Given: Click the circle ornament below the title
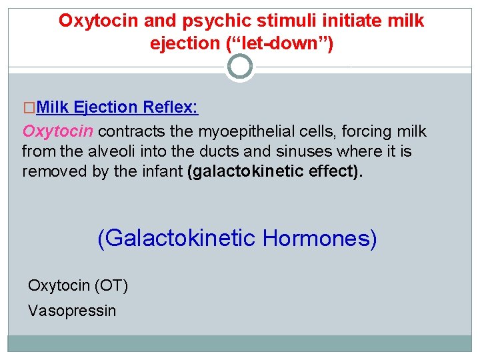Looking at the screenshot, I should click(240, 67).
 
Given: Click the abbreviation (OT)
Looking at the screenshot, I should click(111, 285).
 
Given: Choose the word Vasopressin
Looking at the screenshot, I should click(72, 311).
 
